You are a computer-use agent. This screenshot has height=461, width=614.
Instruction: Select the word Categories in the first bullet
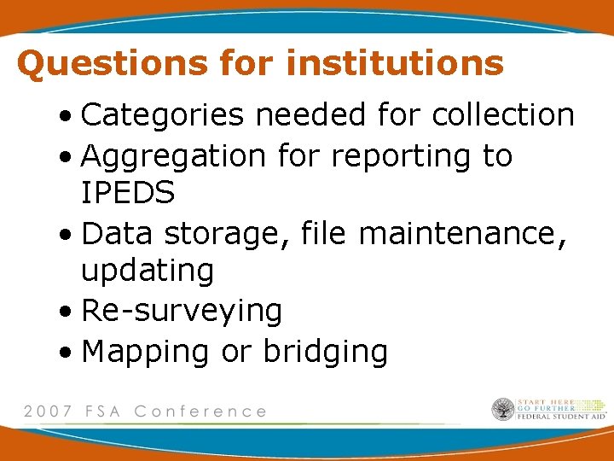pyautogui.click(x=161, y=115)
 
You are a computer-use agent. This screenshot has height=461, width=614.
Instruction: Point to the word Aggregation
pyautogui.click(x=174, y=156)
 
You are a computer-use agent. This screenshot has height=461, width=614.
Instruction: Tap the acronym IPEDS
pyautogui.click(x=128, y=194)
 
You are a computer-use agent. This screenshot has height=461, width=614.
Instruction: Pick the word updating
pyautogui.click(x=148, y=271)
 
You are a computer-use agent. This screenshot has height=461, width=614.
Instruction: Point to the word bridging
pyautogui.click(x=325, y=352)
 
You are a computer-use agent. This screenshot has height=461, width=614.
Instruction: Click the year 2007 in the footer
pyautogui.click(x=46, y=411)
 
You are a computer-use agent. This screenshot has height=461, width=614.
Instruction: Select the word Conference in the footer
pyautogui.click(x=200, y=411)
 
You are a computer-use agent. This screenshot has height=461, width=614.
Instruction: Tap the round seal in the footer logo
pyautogui.click(x=503, y=410)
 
